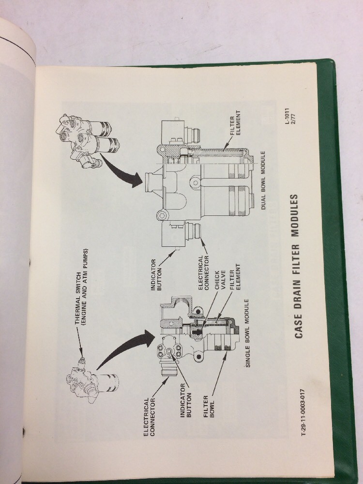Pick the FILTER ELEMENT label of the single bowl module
click(234, 281)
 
